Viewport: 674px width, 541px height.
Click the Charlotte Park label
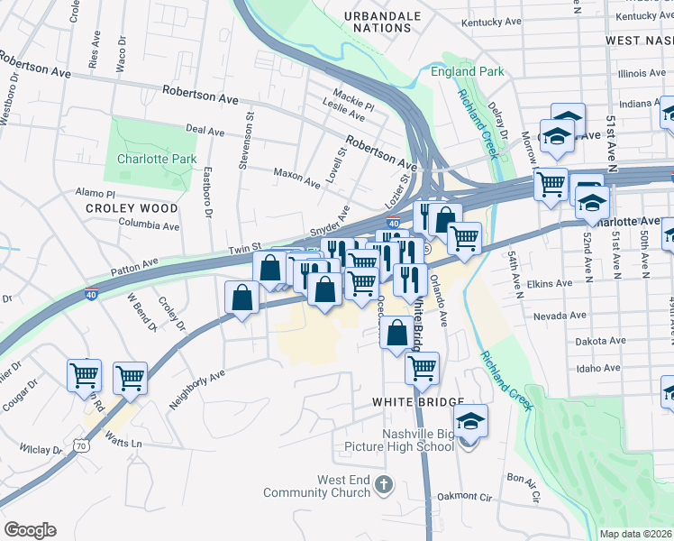click(x=157, y=159)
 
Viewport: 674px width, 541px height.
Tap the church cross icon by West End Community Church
click(x=385, y=486)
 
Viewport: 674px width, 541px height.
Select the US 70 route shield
click(x=82, y=445)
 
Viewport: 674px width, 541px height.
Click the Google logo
click(x=30, y=530)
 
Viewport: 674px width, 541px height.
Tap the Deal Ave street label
click(x=205, y=132)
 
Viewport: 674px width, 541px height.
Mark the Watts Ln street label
click(x=123, y=443)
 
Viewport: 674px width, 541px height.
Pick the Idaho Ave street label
click(x=601, y=368)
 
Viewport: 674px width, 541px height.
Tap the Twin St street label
click(x=244, y=248)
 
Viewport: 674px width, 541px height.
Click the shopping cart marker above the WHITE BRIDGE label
click(x=421, y=368)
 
